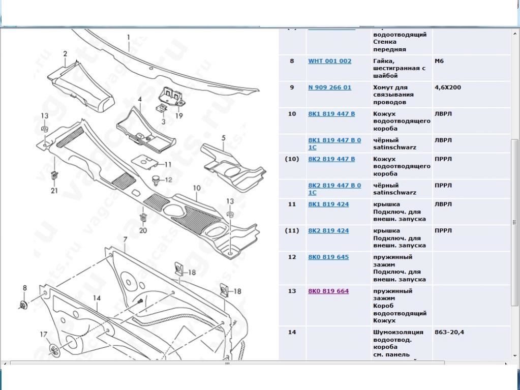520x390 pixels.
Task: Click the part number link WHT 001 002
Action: pyautogui.click(x=329, y=61)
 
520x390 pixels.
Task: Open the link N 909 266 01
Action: pyautogui.click(x=329, y=87)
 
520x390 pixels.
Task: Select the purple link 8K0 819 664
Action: pyautogui.click(x=328, y=291)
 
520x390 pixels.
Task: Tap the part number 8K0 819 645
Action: pyautogui.click(x=328, y=257)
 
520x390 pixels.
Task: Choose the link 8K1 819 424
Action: pyautogui.click(x=328, y=204)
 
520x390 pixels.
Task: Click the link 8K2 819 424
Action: pyautogui.click(x=328, y=231)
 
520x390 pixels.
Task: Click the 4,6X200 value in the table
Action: pyautogui.click(x=447, y=87)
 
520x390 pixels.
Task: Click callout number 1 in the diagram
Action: pyautogui.click(x=129, y=37)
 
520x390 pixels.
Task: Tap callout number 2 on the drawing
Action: pyautogui.click(x=65, y=54)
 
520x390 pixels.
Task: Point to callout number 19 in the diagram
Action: pyautogui.click(x=179, y=115)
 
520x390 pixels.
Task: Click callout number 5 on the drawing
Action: pyautogui.click(x=223, y=138)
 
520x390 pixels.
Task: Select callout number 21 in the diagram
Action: pyautogui.click(x=54, y=191)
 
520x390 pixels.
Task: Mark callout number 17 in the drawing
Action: pyautogui.click(x=44, y=335)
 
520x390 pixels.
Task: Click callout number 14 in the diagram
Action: pyautogui.click(x=97, y=298)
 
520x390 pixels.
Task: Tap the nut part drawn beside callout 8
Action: pyautogui.click(x=23, y=305)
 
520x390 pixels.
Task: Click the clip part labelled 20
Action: pyautogui.click(x=143, y=218)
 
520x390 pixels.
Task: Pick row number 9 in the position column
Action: pyautogui.click(x=292, y=87)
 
